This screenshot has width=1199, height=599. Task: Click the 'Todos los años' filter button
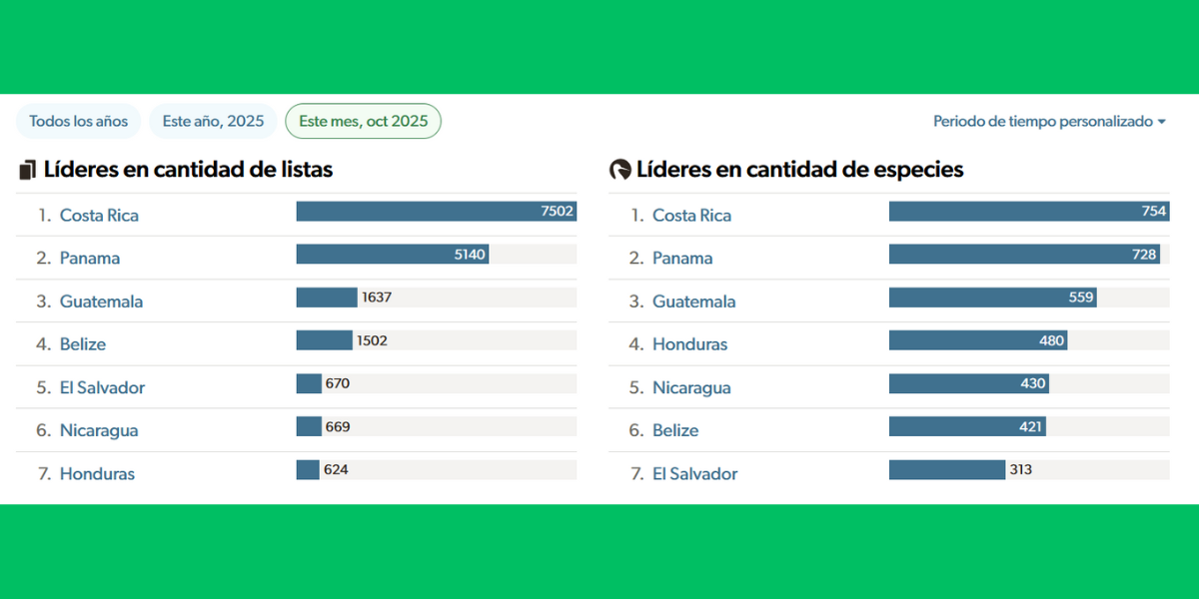[79, 121]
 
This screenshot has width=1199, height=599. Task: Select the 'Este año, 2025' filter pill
[213, 121]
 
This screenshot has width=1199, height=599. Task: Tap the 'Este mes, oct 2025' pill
[363, 121]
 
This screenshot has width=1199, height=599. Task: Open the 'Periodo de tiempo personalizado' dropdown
[1049, 121]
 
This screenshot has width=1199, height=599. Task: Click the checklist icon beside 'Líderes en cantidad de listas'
[27, 170]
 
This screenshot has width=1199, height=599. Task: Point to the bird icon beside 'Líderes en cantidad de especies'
[619, 170]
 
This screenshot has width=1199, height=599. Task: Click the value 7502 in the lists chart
[556, 212]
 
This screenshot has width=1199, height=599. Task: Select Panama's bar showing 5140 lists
[392, 255]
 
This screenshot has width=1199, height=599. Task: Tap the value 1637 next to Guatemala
[376, 298]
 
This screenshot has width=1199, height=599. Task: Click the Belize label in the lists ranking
[82, 344]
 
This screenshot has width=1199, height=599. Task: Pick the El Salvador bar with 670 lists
[309, 383]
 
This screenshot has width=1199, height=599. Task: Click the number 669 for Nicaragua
[338, 426]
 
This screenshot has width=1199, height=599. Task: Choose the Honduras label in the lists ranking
[97, 474]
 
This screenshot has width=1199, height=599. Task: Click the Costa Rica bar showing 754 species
[1027, 212]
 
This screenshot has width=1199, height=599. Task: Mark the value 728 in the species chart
[1144, 255]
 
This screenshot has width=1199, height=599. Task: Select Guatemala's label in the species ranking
[693, 301]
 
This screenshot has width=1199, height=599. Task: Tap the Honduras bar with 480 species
[977, 340]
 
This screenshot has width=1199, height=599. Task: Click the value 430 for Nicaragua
[1033, 383]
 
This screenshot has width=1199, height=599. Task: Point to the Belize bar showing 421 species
[966, 426]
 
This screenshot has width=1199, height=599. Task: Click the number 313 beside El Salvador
[1020, 469]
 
